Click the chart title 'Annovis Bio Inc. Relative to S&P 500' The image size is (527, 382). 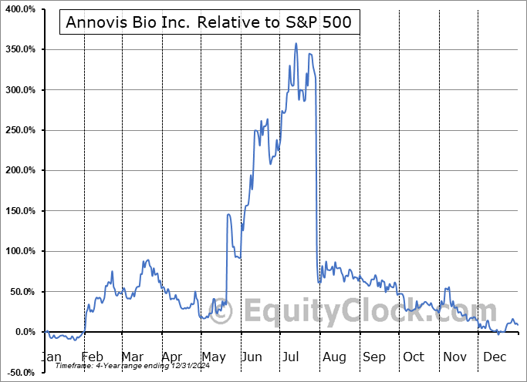coord(209,23)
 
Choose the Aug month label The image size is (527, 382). coord(334,357)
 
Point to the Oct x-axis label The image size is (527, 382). coord(414,357)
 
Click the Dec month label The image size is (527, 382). coord(494,357)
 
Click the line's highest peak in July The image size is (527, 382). coord(296,44)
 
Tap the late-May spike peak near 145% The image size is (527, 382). coord(228,214)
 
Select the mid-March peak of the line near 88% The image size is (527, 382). coord(147,260)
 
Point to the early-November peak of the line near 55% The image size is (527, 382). coord(446,287)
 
